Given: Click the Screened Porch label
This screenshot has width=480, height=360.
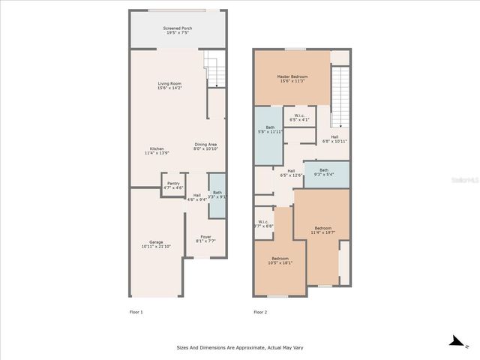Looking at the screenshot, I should coord(177,31).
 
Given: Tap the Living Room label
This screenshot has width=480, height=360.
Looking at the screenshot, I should coord(169,85).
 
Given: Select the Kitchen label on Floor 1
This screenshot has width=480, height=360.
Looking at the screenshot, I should coord(157,150).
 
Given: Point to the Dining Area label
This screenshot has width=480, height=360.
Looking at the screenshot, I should coord(205,147).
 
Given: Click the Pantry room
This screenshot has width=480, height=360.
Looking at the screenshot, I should coord(173,185).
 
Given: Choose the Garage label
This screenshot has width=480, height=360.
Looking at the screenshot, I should coord(156,244).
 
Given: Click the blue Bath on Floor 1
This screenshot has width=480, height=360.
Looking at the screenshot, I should coord(217,195).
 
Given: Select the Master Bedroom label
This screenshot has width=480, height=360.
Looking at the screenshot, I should coord(292,79).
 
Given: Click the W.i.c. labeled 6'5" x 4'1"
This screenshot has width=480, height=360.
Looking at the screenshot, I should coord(298,117).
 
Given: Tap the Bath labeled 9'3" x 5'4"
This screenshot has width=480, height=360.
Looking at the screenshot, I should coord(323,172).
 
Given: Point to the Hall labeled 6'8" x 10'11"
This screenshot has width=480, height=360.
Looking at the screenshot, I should coord(334,139).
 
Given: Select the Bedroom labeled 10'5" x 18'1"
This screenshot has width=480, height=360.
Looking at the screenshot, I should coord(280,261).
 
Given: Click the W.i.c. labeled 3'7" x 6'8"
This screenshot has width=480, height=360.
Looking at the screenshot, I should coord(263,223).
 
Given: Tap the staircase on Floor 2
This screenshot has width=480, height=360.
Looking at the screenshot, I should coord(340,97).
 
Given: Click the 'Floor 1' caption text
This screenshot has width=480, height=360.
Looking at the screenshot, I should coord(136,311).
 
